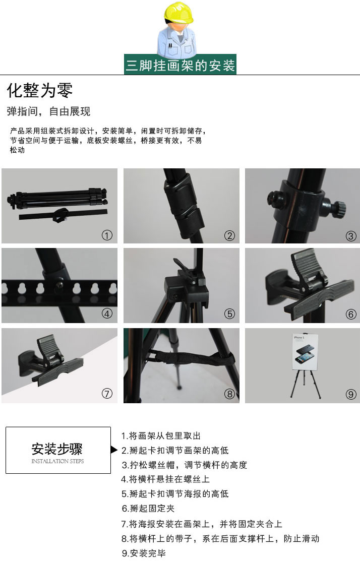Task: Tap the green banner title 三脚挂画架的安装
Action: click(x=180, y=65)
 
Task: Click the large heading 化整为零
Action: click(x=40, y=90)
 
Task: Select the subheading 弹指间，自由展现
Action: click(x=48, y=111)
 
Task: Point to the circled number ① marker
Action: click(x=107, y=235)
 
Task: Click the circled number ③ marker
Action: click(x=351, y=236)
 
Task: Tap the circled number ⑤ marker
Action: click(x=229, y=314)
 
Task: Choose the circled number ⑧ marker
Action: click(x=229, y=394)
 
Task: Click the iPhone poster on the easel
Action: click(x=305, y=352)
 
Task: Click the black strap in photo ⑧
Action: click(x=193, y=358)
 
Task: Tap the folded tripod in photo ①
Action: click(x=57, y=199)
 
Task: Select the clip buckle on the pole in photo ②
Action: click(x=183, y=205)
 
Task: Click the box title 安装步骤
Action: click(x=57, y=449)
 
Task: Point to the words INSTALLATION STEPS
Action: click(x=57, y=461)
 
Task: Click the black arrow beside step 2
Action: click(x=114, y=450)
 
